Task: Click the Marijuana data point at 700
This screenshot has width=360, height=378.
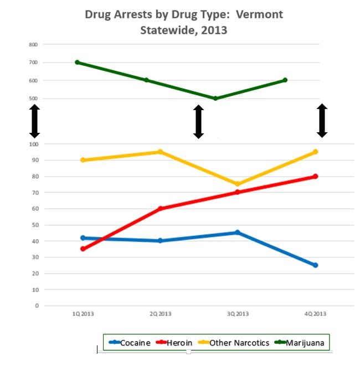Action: click(77, 62)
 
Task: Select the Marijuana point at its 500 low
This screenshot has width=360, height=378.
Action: click(215, 99)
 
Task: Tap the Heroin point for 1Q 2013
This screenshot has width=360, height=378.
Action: click(83, 248)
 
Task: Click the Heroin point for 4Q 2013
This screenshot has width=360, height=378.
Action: click(315, 177)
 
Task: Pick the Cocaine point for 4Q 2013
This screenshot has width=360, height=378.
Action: click(315, 265)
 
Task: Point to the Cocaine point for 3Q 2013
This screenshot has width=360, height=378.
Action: click(238, 232)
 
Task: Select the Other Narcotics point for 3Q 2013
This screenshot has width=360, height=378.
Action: click(238, 184)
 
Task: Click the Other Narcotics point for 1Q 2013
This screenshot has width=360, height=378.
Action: click(83, 160)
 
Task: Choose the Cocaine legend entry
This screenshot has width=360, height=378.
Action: click(130, 343)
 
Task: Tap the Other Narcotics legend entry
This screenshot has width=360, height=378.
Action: click(239, 343)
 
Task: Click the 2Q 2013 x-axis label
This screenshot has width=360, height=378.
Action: click(160, 314)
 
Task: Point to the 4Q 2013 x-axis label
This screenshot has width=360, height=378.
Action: click(315, 314)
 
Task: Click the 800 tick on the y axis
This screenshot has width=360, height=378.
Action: click(33, 44)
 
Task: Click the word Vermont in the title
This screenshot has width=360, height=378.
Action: click(260, 14)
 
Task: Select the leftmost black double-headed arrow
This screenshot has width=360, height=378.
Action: click(34, 121)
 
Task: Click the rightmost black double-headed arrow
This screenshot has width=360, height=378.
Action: click(322, 120)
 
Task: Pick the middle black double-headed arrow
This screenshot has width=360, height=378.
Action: click(198, 122)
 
